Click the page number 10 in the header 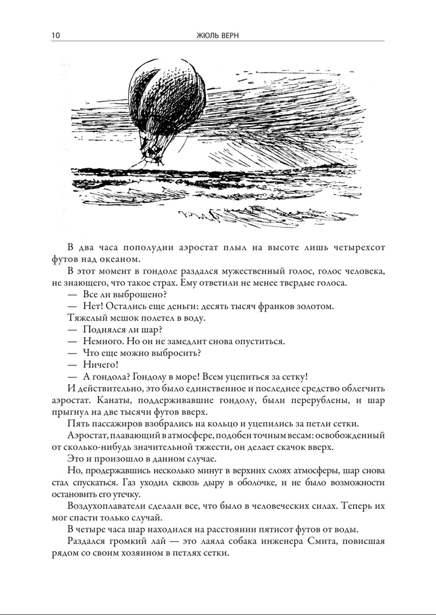56,35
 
